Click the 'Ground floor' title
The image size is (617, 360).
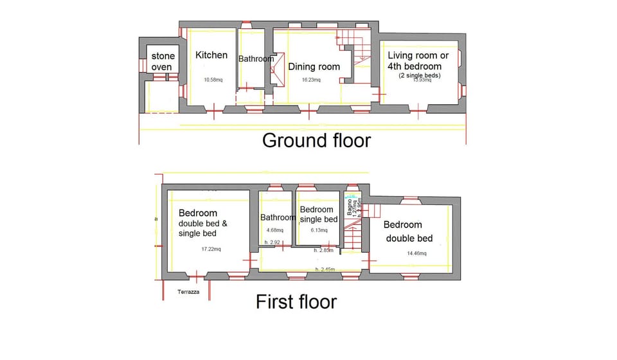tap(316, 140)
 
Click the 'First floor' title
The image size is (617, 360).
tap(296, 301)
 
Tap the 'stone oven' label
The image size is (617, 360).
tap(163, 62)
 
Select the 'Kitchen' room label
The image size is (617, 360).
tap(211, 55)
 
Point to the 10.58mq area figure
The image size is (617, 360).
tap(213, 80)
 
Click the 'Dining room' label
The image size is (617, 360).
tap(314, 66)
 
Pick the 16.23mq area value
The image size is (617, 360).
tap(311, 80)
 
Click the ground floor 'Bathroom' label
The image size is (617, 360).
tap(256, 59)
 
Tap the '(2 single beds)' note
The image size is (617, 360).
tap(419, 75)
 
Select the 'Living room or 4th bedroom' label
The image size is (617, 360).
tap(415, 60)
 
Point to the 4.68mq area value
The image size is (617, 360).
tap(275, 230)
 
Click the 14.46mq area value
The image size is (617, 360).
tap(417, 253)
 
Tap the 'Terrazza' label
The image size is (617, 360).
tap(189, 292)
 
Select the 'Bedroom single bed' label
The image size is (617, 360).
tap(317, 214)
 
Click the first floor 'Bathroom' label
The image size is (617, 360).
tap(278, 217)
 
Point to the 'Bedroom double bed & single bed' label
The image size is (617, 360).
tap(203, 223)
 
